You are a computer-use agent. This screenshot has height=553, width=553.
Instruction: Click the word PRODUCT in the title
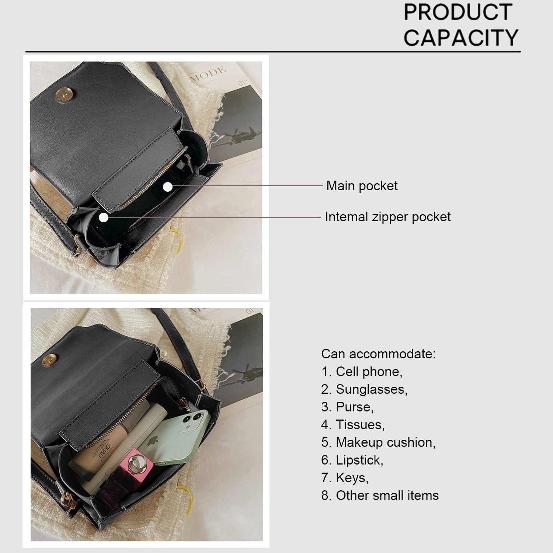[x=458, y=12]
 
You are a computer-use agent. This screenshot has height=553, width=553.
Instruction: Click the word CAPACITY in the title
[x=461, y=38]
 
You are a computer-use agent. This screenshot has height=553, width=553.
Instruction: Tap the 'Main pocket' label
[x=362, y=186]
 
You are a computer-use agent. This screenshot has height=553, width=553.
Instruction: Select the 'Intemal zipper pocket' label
[x=387, y=217]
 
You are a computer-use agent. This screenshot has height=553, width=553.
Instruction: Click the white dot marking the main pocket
[x=168, y=187]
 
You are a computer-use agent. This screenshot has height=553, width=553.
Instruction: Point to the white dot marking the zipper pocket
[x=104, y=218]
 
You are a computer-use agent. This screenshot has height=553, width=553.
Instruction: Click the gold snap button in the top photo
[x=62, y=96]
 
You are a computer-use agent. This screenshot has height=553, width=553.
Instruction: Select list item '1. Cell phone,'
[x=362, y=372]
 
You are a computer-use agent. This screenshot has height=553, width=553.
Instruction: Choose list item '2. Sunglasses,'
[x=364, y=389]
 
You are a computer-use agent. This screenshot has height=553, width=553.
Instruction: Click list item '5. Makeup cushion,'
[x=378, y=442]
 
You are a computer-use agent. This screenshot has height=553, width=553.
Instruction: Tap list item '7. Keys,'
[x=345, y=478]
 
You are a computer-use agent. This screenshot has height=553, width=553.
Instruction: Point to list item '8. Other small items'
[x=380, y=495]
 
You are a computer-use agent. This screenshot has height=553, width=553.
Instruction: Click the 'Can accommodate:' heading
[x=378, y=354]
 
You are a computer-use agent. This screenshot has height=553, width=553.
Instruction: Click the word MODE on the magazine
[x=208, y=73]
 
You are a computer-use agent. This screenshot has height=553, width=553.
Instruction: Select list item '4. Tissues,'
[x=353, y=425]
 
